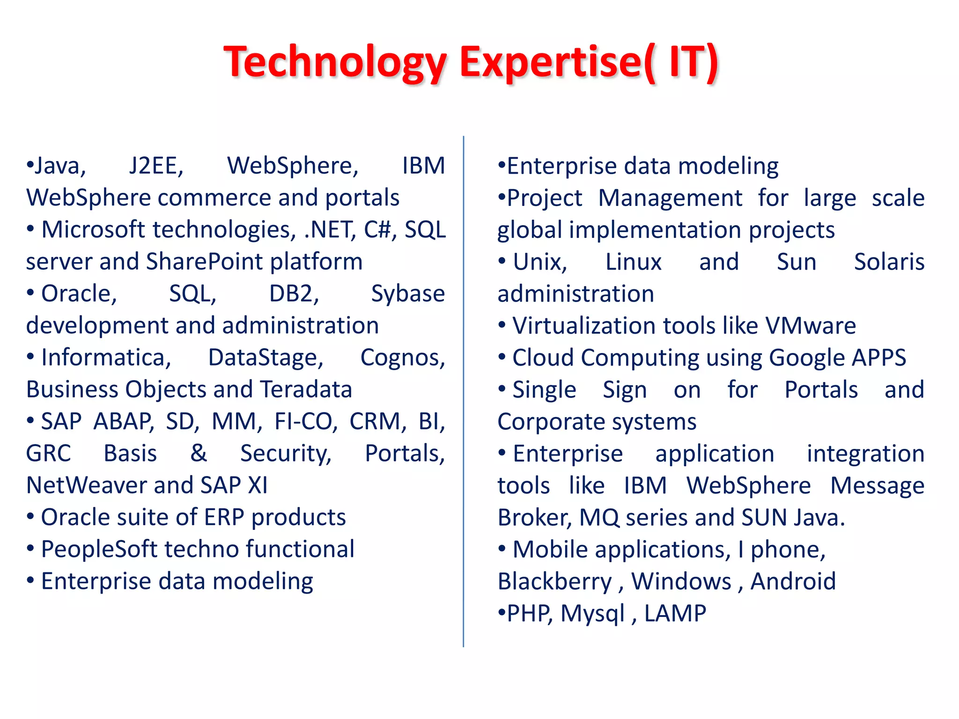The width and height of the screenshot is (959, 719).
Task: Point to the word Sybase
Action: pos(407,294)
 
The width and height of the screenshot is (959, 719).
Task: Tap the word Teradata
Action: pos(306,389)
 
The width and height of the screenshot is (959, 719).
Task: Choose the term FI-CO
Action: pos(305,421)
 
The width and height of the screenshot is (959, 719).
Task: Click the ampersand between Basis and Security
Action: pos(199,453)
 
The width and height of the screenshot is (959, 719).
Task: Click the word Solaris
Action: pos(889,262)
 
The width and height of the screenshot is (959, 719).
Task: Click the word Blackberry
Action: pos(554,581)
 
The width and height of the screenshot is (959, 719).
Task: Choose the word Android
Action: pos(793,581)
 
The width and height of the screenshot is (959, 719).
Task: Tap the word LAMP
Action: pos(675,613)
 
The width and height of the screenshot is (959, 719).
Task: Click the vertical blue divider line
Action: pos(463,393)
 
